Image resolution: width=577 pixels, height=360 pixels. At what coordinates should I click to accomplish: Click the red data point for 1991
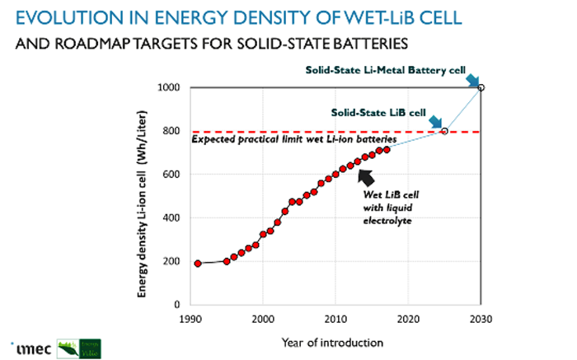point(198,264)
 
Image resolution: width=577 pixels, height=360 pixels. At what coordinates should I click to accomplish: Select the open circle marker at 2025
point(445,131)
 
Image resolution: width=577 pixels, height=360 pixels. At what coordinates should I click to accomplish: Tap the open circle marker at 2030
point(481,87)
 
